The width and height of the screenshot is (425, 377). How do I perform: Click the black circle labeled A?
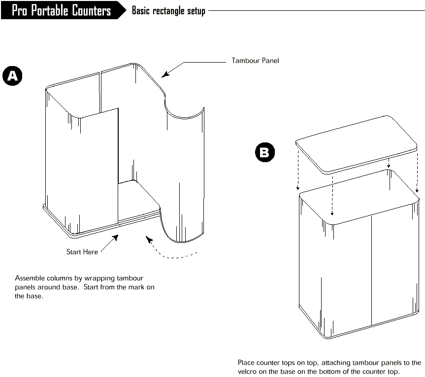pos(12,76)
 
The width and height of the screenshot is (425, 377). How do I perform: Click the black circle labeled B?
pos(265,152)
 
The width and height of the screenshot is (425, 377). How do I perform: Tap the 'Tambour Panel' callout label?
pos(255,61)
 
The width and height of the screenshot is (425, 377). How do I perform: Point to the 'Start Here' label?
pos(82,252)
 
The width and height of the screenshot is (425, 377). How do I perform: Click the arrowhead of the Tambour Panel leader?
pos(165,74)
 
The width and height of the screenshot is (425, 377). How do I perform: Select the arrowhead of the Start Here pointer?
pos(115,238)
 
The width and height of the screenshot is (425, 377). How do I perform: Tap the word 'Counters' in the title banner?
pos(91,10)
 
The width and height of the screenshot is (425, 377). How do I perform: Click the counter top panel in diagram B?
pos(356,144)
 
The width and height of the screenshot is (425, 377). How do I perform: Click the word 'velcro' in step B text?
pos(247,372)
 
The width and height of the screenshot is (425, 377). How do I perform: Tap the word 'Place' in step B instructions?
pos(246,363)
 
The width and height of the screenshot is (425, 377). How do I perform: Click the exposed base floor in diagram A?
pos(138,200)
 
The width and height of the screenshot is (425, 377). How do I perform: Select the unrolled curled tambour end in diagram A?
pos(184,173)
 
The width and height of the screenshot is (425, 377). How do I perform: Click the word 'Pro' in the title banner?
pos(20,10)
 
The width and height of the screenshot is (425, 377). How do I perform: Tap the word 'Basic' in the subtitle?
pos(141,10)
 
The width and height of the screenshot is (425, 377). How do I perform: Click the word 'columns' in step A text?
pos(60,278)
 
